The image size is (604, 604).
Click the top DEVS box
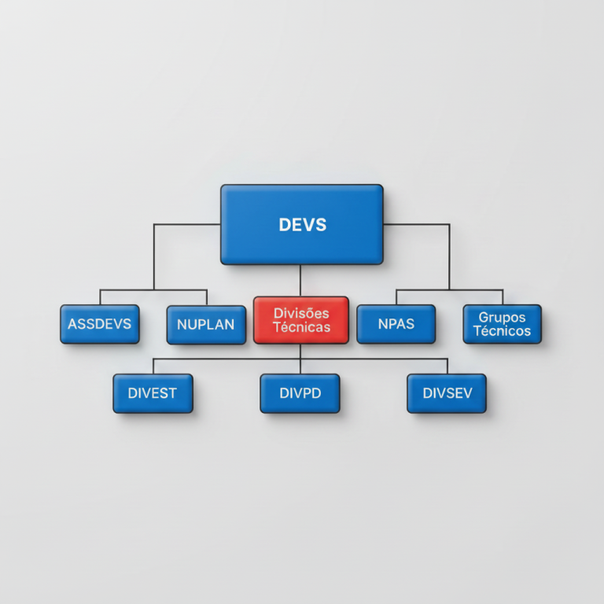tap(302, 225)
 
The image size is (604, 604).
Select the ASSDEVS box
tap(100, 324)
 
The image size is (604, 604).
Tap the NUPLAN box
tap(206, 325)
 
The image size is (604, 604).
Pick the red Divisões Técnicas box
tap(301, 320)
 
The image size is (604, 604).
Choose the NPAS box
tap(396, 324)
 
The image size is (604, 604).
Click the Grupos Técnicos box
tap(503, 324)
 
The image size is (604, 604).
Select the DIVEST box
tap(153, 393)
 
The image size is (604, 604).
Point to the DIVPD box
tap(300, 393)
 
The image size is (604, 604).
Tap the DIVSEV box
tap(447, 393)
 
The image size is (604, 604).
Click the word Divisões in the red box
tap(301, 313)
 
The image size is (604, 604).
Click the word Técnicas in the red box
tap(302, 327)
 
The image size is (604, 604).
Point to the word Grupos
tap(502, 317)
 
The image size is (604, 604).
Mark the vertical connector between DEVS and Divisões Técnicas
tap(300, 281)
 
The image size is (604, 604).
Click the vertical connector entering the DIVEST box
tap(153, 366)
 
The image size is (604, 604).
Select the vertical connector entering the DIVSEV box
tap(447, 366)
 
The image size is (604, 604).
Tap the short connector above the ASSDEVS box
tap(100, 297)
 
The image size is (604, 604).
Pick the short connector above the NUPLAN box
tap(207, 298)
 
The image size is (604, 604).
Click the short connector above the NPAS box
tap(396, 297)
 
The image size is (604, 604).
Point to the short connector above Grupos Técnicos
tap(503, 297)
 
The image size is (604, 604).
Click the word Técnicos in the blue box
tap(503, 331)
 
